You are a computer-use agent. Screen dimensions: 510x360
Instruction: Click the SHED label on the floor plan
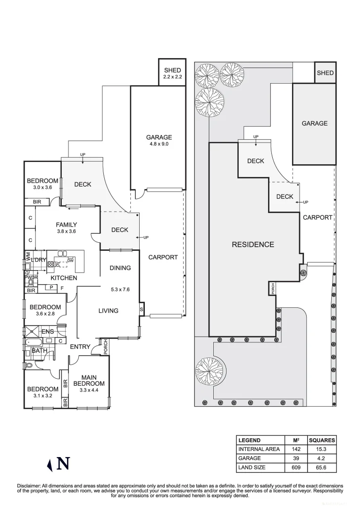pos(172,70)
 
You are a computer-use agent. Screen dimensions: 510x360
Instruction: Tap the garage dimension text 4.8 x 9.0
pos(159,144)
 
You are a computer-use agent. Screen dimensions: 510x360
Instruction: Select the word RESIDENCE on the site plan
pos(253,245)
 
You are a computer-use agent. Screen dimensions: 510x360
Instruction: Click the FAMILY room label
pos(66,225)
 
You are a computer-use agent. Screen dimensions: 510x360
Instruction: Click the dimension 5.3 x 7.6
pos(119,289)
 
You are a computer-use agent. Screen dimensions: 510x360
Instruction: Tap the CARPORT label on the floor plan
pos(163,257)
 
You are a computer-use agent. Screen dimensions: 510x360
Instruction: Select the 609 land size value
pos(295,467)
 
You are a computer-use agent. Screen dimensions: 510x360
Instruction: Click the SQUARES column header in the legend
pos(322,440)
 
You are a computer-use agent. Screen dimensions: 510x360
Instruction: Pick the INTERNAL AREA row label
pos(259,449)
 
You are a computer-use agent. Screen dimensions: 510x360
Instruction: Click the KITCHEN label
pos(64,278)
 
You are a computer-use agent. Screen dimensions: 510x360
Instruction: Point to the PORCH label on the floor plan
pos(106,347)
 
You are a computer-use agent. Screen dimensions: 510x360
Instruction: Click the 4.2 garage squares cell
pos(322,459)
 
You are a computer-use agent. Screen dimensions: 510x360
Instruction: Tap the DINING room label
pos(120,268)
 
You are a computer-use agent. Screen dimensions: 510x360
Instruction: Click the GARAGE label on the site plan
pos(314,123)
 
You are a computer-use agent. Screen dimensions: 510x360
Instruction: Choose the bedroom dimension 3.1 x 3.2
pos(42,396)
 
